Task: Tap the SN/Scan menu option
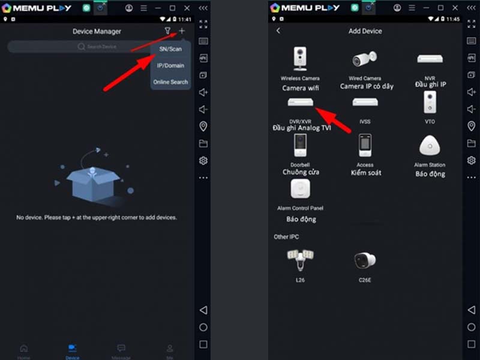coord(170,49)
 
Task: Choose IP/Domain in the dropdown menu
coord(170,65)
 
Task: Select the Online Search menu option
coord(170,82)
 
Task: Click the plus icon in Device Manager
coord(182,31)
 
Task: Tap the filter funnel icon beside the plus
coord(168,31)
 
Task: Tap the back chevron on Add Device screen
coord(278,31)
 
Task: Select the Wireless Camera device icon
coord(300,59)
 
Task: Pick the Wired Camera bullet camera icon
coord(365,59)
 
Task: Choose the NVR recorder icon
coord(430,59)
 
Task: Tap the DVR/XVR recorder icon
coord(300,102)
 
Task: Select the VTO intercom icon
coord(430,102)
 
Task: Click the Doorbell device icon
coord(300,146)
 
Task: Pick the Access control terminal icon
coord(365,146)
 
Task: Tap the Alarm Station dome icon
coord(430,146)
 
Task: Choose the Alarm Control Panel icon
coord(300,190)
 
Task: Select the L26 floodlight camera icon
coord(300,260)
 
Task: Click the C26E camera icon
coord(365,260)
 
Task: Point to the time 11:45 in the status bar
coord(453,19)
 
